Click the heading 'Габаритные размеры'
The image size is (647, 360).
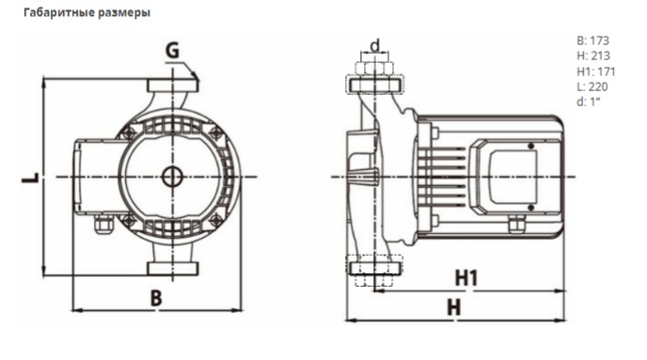(87, 13)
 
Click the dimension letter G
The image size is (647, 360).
(172, 51)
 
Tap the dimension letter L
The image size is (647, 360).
(30, 178)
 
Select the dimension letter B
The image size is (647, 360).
(156, 298)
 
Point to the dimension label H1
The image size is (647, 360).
(466, 278)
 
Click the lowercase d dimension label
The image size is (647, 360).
(375, 45)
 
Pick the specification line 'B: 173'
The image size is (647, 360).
(593, 40)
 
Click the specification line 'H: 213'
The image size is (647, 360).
(593, 55)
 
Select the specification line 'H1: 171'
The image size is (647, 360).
(596, 71)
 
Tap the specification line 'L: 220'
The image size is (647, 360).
(592, 86)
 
